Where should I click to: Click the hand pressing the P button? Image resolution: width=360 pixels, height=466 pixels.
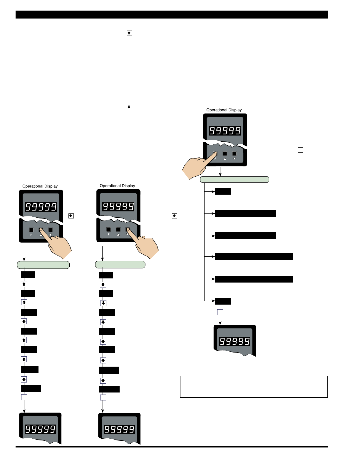[196, 167]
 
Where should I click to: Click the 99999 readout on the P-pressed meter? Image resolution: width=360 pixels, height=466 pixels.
[225, 131]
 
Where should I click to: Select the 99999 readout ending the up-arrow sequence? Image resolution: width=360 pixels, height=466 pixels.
[40, 429]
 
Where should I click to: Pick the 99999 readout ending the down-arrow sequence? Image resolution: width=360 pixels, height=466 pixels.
[119, 429]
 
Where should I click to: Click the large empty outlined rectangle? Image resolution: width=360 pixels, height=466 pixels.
[254, 387]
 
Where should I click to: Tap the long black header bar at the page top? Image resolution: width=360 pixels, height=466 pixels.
[172, 15]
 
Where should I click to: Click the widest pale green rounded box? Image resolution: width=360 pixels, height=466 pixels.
[235, 180]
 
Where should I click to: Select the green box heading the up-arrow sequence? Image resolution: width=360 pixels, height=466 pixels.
[43, 265]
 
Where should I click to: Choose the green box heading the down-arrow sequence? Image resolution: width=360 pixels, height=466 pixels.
[120, 265]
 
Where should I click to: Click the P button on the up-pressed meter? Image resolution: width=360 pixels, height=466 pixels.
[31, 230]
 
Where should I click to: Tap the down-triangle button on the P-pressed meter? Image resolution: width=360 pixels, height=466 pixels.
[235, 153]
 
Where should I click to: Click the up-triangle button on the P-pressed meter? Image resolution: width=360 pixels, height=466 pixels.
[225, 153]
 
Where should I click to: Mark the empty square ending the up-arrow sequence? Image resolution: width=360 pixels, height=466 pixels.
[24, 397]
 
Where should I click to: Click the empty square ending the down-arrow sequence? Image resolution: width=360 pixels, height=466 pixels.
[103, 397]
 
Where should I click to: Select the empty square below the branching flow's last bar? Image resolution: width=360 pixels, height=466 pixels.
[220, 312]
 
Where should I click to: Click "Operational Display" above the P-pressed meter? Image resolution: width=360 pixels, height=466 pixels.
[224, 110]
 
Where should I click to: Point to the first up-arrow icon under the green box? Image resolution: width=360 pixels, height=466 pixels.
[24, 284]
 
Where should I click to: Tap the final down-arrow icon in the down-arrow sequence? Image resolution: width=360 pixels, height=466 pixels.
[103, 381]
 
